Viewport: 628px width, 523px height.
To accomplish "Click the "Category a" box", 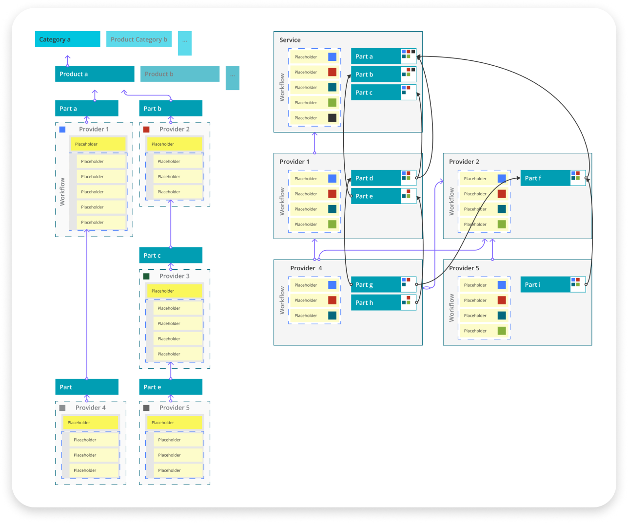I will click(67, 39).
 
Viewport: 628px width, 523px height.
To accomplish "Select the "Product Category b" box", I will click(138, 39).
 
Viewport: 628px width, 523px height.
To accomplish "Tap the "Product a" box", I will click(95, 74).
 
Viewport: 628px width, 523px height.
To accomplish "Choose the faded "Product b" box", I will click(179, 74).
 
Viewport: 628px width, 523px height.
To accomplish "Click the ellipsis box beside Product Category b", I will click(184, 43).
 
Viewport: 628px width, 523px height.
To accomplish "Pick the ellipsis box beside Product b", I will click(232, 77).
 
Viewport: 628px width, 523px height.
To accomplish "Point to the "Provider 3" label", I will click(174, 276).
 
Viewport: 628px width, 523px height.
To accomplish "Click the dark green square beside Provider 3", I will click(146, 276).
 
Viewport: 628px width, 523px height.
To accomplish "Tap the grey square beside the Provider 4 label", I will click(62, 408).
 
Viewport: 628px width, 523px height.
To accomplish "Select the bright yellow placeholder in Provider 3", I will click(174, 291).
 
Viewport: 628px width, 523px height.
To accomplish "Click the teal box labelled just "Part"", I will click(86, 387).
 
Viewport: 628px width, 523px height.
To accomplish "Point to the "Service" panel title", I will click(290, 40).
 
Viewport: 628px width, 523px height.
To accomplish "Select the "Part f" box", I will click(545, 178).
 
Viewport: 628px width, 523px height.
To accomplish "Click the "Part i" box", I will click(545, 285).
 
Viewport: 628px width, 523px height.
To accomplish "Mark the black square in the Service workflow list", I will click(332, 118).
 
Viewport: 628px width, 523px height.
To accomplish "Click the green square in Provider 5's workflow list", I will click(502, 331).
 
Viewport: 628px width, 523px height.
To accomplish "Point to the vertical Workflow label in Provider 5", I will click(451, 308).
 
